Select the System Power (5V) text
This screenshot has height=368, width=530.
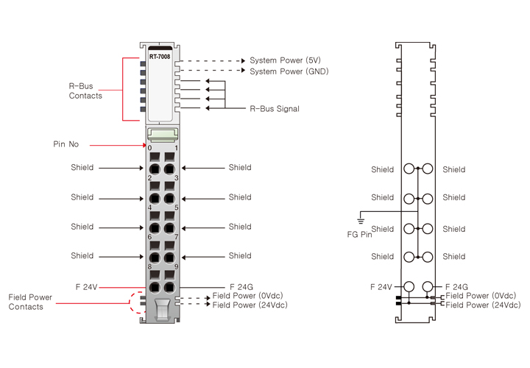pos(285,60)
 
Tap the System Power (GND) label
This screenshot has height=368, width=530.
pos(289,71)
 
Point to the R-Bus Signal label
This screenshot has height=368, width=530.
pos(275,109)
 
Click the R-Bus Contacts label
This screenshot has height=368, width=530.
pos(85,91)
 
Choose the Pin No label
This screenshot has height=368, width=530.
pos(66,144)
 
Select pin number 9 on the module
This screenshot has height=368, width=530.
pos(176,266)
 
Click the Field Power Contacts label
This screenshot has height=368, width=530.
pos(31,302)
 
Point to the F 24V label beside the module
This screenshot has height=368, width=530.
pos(86,286)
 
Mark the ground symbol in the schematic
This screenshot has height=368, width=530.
pos(360,219)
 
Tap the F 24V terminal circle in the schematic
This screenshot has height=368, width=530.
pos(409,286)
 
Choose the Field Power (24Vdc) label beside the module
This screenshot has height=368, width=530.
pos(250,305)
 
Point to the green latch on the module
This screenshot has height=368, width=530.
pos(163,133)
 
